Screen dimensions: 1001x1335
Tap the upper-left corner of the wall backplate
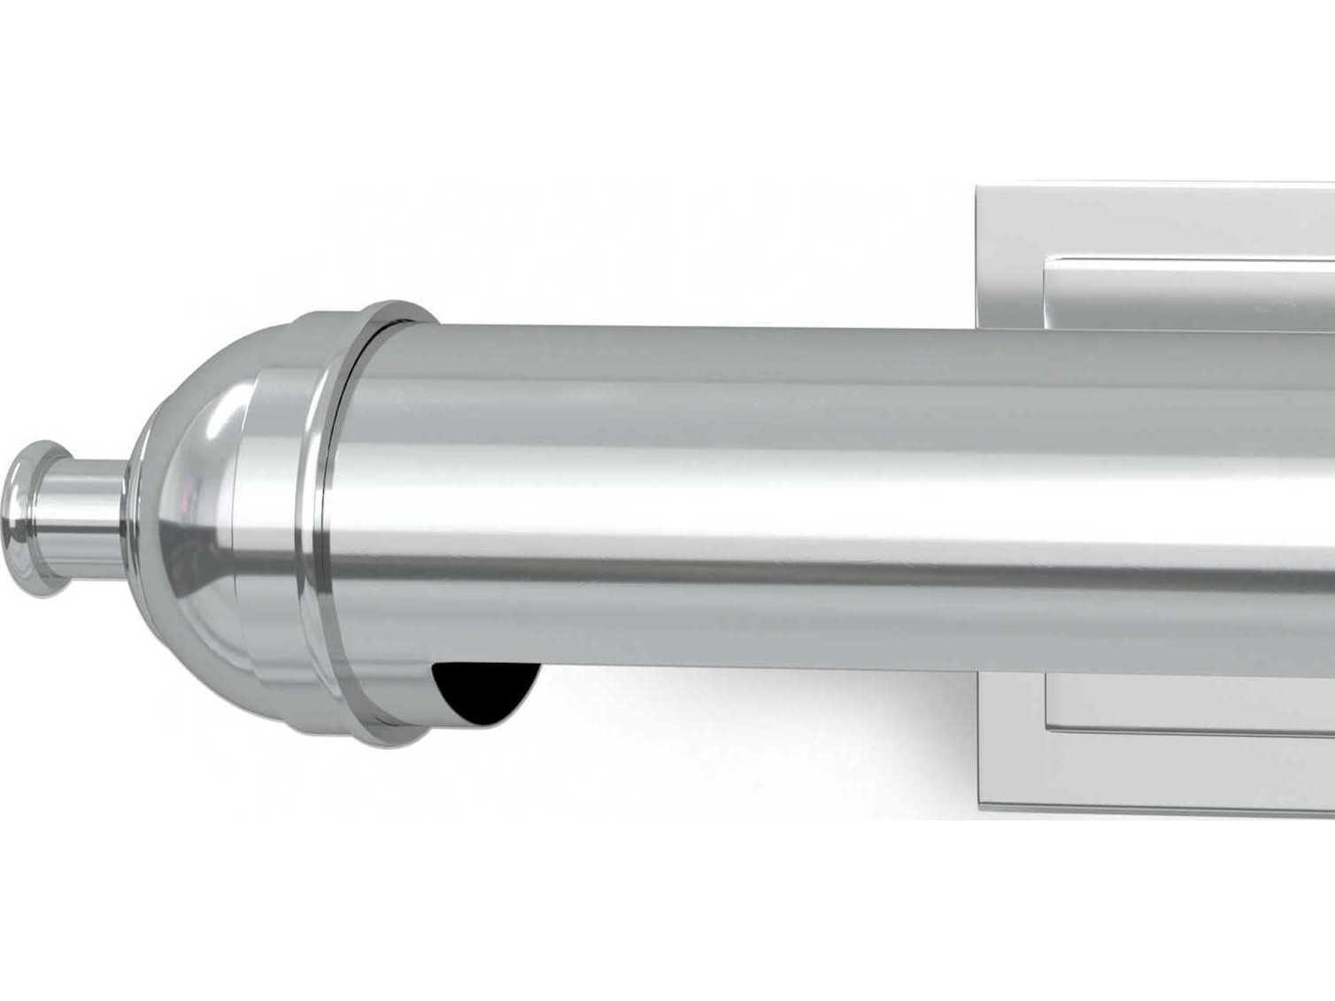point(978,189)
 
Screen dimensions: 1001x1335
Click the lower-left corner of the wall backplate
point(978,803)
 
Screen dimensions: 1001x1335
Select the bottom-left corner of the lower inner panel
point(1046,728)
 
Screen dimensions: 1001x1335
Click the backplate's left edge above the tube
point(977,257)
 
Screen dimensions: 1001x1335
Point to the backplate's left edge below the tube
point(977,743)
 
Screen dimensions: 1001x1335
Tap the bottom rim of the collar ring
point(390,736)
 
